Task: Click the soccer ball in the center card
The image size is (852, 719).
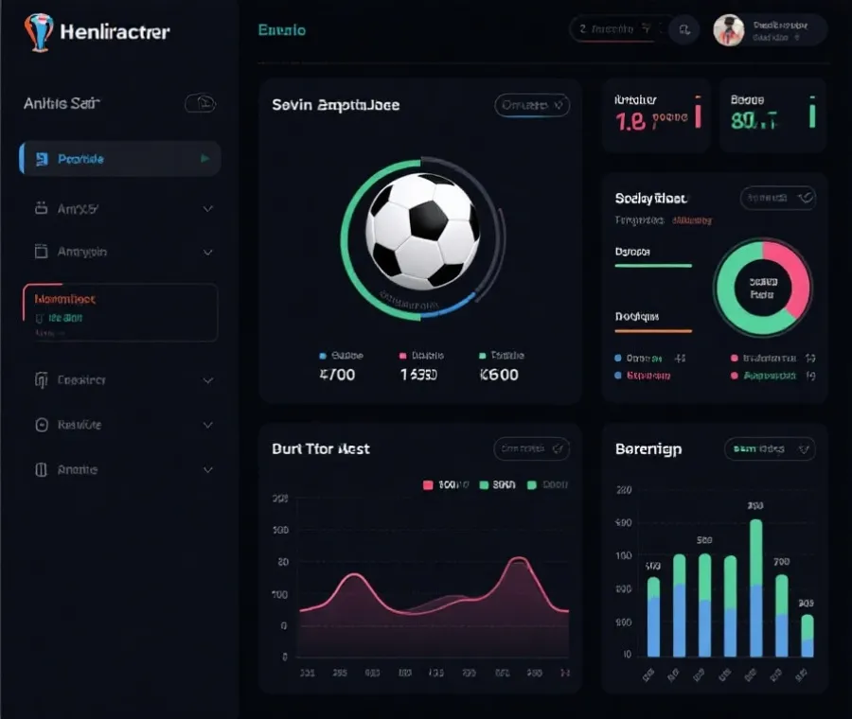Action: (x=422, y=231)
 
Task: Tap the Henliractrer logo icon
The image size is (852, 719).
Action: (x=38, y=31)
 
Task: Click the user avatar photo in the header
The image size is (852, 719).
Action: (x=728, y=30)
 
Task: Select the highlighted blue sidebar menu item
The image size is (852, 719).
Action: (x=120, y=159)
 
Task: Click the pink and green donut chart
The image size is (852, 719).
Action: (x=762, y=287)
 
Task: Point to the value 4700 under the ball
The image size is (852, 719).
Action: (x=338, y=375)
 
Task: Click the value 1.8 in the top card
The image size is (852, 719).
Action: (x=630, y=120)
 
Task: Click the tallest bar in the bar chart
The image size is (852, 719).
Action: (x=755, y=587)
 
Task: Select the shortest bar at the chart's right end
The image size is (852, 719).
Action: (x=807, y=636)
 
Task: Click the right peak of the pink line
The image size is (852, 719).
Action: (x=518, y=564)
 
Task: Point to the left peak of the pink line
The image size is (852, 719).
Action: (x=353, y=577)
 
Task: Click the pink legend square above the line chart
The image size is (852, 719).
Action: (x=428, y=485)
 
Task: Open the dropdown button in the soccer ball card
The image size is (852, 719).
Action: (x=532, y=105)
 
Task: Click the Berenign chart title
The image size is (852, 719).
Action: (x=648, y=449)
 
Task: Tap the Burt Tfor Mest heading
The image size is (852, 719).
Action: (x=320, y=449)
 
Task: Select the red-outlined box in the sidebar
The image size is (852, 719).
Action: (x=120, y=312)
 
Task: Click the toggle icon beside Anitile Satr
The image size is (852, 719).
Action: (x=200, y=103)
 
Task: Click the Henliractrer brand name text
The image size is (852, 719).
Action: (x=115, y=31)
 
